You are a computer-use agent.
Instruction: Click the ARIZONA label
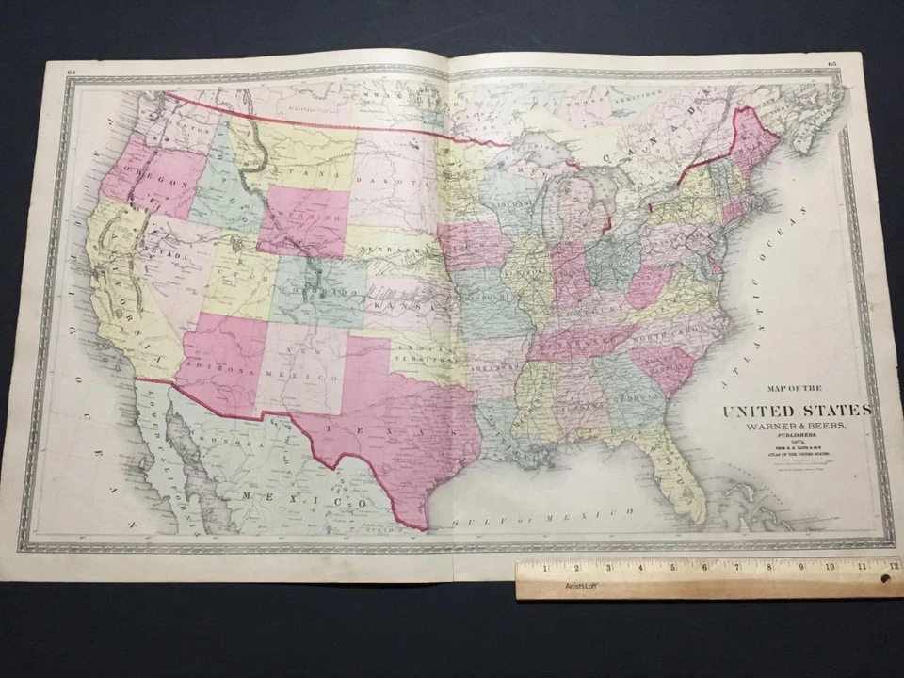point(221,368)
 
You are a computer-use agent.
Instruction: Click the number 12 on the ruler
point(891,567)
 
